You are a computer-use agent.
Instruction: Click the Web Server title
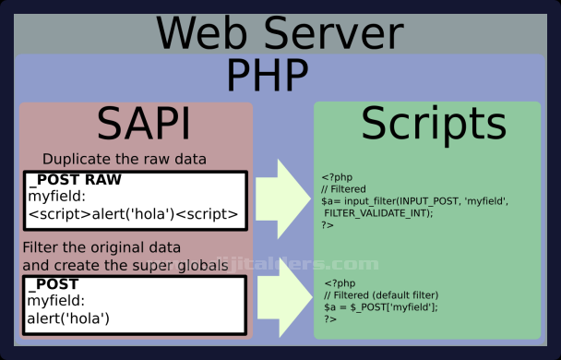tap(279, 31)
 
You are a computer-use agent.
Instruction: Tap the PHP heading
tap(268, 76)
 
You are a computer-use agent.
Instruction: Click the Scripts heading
tap(433, 124)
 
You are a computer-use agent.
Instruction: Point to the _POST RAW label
tap(75, 180)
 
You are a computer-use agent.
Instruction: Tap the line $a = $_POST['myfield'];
tap(381, 306)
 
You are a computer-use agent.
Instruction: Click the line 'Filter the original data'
tap(101, 249)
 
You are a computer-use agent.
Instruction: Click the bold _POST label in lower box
tap(54, 283)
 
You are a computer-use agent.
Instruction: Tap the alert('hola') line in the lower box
tap(69, 318)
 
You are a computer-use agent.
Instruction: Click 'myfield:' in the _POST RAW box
tap(55, 197)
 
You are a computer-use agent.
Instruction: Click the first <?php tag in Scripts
tap(334, 176)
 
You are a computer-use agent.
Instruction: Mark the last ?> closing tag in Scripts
tap(330, 318)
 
